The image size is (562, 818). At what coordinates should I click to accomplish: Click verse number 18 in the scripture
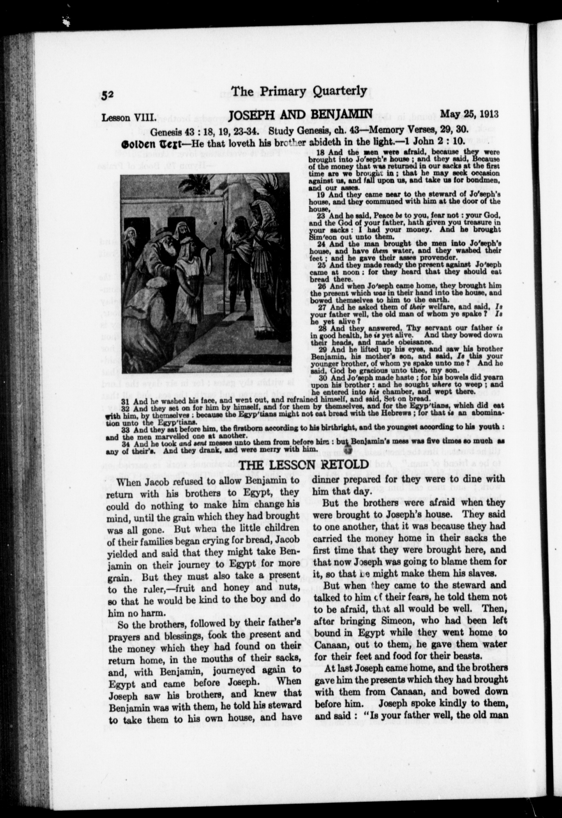(320, 153)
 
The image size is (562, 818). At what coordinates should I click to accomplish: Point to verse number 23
(320, 215)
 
